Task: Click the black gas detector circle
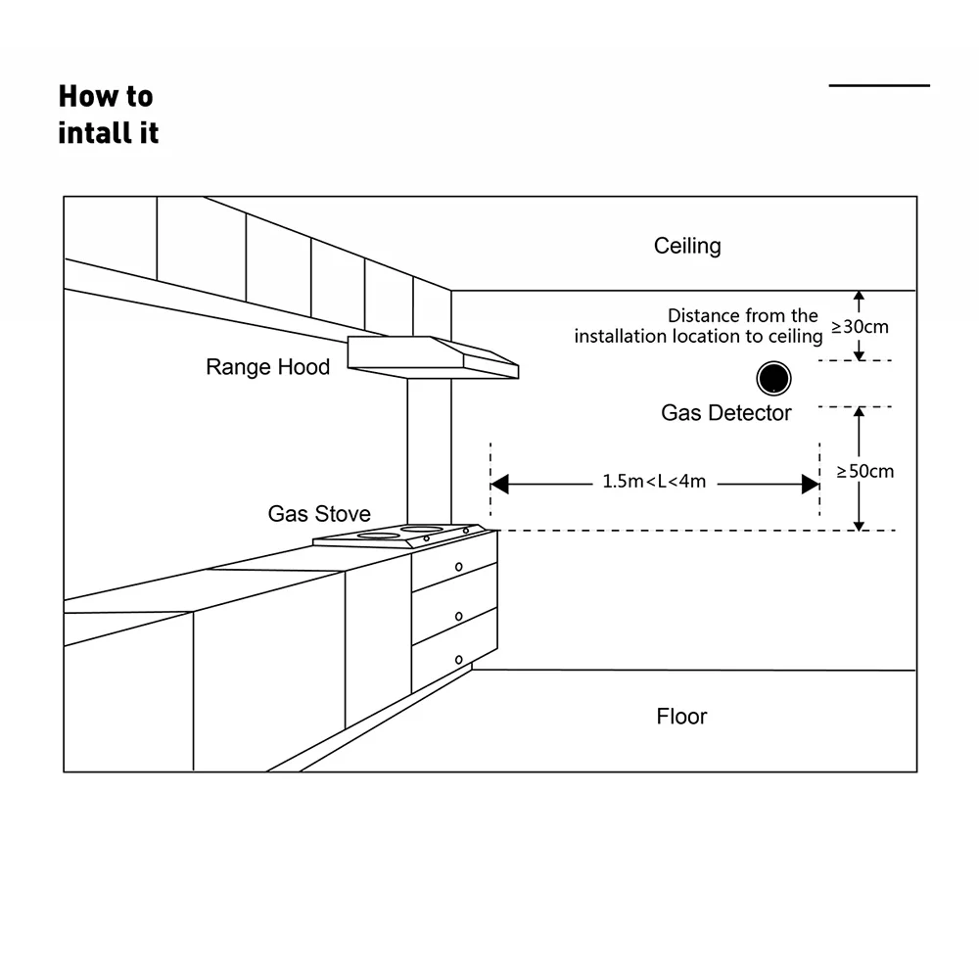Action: pyautogui.click(x=773, y=378)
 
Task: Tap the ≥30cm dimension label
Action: pyautogui.click(x=860, y=327)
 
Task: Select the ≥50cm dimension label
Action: pyautogui.click(x=865, y=472)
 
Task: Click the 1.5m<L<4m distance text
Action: pyautogui.click(x=654, y=482)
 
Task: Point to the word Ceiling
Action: pyautogui.click(x=687, y=246)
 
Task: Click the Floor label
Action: pyautogui.click(x=681, y=717)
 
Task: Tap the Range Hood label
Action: pyautogui.click(x=268, y=367)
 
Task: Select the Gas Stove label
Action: pyautogui.click(x=319, y=514)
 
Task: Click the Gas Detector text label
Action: pyautogui.click(x=726, y=413)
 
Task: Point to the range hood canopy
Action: pyautogui.click(x=433, y=357)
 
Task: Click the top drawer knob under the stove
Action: pyautogui.click(x=459, y=567)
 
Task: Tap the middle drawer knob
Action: pyautogui.click(x=459, y=616)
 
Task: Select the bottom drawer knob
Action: pyautogui.click(x=459, y=660)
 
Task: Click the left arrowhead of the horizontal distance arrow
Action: pyautogui.click(x=499, y=484)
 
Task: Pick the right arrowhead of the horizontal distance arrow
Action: pyautogui.click(x=811, y=484)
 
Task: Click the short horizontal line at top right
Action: pyautogui.click(x=879, y=85)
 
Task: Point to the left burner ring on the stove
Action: pyautogui.click(x=378, y=536)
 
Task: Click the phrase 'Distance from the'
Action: pyautogui.click(x=743, y=315)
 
